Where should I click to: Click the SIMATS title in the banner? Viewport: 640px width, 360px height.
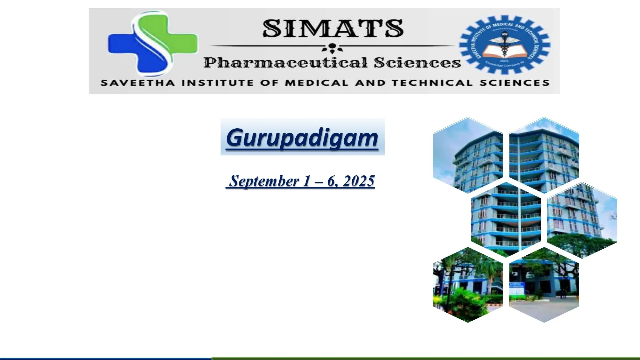(333, 29)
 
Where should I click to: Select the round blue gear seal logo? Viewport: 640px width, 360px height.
(505, 45)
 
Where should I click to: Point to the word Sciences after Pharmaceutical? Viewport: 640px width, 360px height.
(417, 63)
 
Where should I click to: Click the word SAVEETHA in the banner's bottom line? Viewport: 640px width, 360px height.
(138, 83)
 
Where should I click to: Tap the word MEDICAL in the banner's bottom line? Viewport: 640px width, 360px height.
(316, 83)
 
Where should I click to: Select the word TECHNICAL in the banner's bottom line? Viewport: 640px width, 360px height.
(432, 83)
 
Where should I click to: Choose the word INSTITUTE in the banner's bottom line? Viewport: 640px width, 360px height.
(218, 83)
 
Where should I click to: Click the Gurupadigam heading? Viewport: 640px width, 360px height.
(302, 138)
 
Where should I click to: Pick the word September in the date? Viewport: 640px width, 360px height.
(264, 181)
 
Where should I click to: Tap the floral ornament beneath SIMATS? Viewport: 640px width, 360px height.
(332, 48)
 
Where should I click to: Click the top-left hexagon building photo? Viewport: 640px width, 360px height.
(468, 155)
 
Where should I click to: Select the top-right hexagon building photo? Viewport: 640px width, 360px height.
(544, 155)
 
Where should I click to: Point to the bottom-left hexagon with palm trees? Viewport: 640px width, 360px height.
(468, 285)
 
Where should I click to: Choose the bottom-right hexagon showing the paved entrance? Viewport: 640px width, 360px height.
(544, 285)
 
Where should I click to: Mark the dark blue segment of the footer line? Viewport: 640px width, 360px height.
(106, 358)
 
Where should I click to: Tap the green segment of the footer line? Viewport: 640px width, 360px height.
(426, 358)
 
